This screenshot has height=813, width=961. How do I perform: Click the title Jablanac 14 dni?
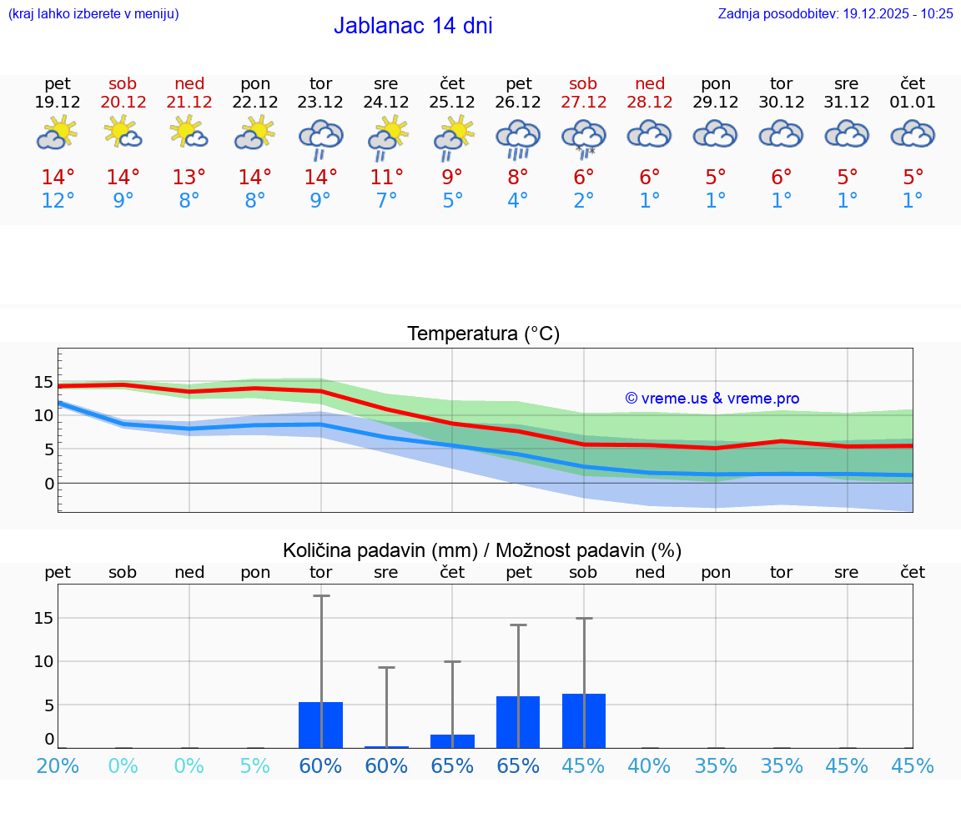point(413,26)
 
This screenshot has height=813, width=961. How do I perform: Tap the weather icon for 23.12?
point(321,138)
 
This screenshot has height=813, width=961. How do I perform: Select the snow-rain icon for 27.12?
point(584,138)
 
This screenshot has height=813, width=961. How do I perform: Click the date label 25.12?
point(452,103)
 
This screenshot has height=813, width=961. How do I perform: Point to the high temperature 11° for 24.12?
point(386,177)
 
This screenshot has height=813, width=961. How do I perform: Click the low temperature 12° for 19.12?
point(58,201)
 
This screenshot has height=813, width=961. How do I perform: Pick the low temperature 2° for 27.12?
point(584,201)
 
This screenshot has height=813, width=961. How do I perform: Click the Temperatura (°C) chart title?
point(483,334)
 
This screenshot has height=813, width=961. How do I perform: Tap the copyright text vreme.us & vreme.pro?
point(712,399)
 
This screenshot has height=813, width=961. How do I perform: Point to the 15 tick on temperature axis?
point(43,383)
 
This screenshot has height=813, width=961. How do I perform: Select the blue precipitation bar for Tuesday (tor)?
point(321,725)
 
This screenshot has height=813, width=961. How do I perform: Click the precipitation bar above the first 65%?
point(452,740)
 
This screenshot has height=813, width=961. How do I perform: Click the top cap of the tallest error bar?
point(321,595)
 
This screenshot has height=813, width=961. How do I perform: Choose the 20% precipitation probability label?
point(58,765)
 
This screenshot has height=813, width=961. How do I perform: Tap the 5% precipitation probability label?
point(255,765)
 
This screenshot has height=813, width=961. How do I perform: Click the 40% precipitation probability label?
point(649,765)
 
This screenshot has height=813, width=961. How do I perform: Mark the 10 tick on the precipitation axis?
point(43,661)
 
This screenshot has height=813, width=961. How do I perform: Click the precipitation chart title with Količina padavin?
point(482,550)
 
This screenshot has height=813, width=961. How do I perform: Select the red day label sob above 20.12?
point(123,83)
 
